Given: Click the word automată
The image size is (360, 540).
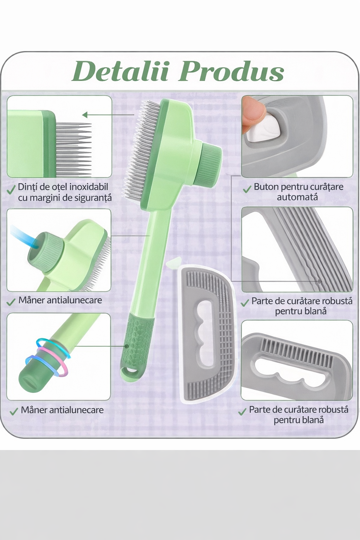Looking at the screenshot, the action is click(297, 197).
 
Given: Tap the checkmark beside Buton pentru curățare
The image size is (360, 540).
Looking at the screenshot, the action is click(247, 189).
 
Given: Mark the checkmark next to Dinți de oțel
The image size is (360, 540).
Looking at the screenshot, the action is click(11, 191).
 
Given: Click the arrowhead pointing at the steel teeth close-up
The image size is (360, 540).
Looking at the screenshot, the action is click(85, 115).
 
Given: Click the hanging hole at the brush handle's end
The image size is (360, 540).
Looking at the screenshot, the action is click(131, 370).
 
